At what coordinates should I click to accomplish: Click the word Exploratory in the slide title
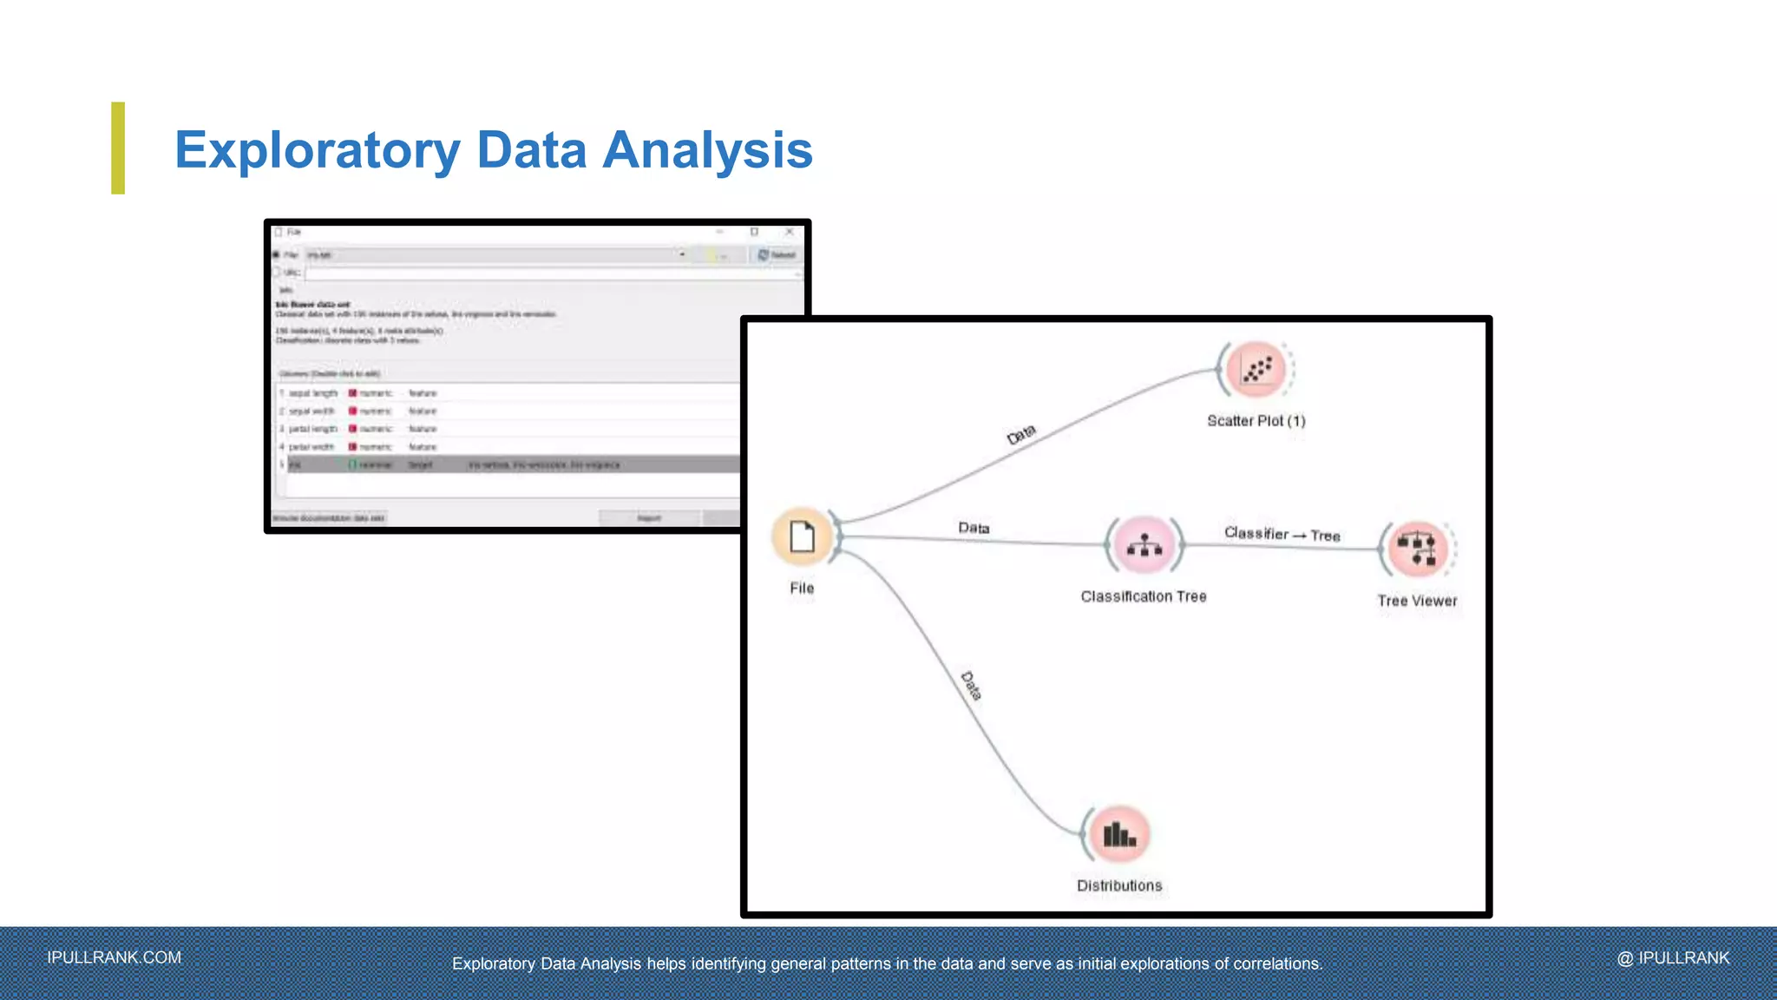(317, 150)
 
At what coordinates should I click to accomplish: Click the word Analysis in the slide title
(707, 150)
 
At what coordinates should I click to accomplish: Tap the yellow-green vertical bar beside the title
(118, 148)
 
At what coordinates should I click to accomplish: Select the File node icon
(802, 536)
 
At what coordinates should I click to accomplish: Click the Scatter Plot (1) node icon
(1256, 370)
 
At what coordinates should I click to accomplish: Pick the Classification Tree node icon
(1144, 545)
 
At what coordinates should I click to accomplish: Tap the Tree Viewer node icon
(1418, 549)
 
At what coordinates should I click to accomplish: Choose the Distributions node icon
(1119, 835)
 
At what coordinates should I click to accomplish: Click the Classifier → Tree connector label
(1282, 534)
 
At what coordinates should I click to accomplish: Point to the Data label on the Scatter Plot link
(1021, 434)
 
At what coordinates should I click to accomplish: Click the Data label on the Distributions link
(972, 686)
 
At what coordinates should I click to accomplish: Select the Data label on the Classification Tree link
(974, 528)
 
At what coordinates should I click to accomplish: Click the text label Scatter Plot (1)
(1256, 421)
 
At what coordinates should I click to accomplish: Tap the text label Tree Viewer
(1417, 601)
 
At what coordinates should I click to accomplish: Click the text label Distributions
(1119, 885)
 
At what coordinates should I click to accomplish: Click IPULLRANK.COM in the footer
(115, 957)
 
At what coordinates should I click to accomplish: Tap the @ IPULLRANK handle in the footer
(1673, 957)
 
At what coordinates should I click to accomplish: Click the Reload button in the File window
(777, 254)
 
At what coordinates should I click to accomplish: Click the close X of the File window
(789, 232)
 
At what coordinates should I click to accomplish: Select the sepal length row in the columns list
(313, 393)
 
